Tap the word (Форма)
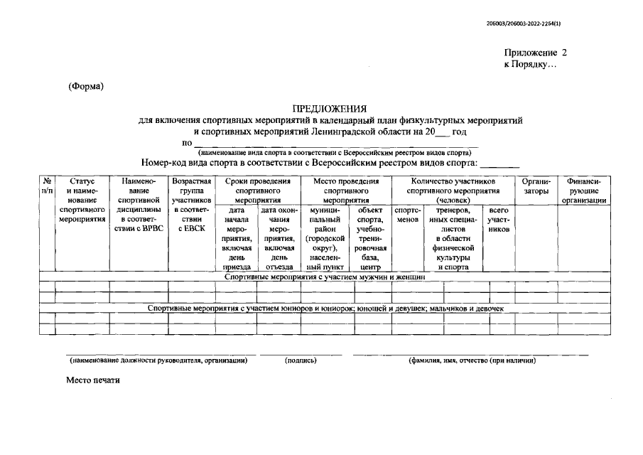pyautogui.click(x=86, y=87)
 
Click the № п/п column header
pyautogui.click(x=46, y=186)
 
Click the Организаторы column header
pyautogui.click(x=536, y=186)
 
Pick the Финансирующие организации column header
pyautogui.click(x=583, y=191)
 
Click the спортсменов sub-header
pyautogui.click(x=408, y=215)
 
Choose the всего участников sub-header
pyautogui.click(x=499, y=220)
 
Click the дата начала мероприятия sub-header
pyautogui.click(x=238, y=239)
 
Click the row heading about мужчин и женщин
pyautogui.click(x=324, y=277)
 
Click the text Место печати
pyautogui.click(x=94, y=380)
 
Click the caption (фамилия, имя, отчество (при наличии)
pyautogui.click(x=471, y=360)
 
